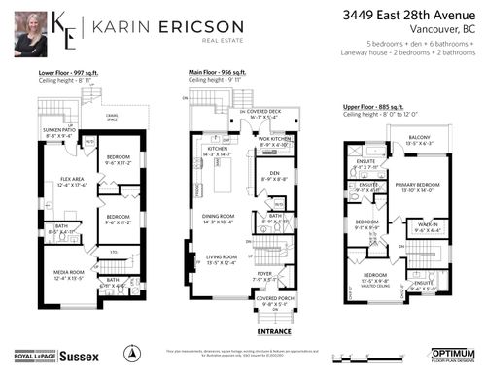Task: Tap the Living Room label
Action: click(223, 258)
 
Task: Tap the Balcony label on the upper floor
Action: click(420, 137)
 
